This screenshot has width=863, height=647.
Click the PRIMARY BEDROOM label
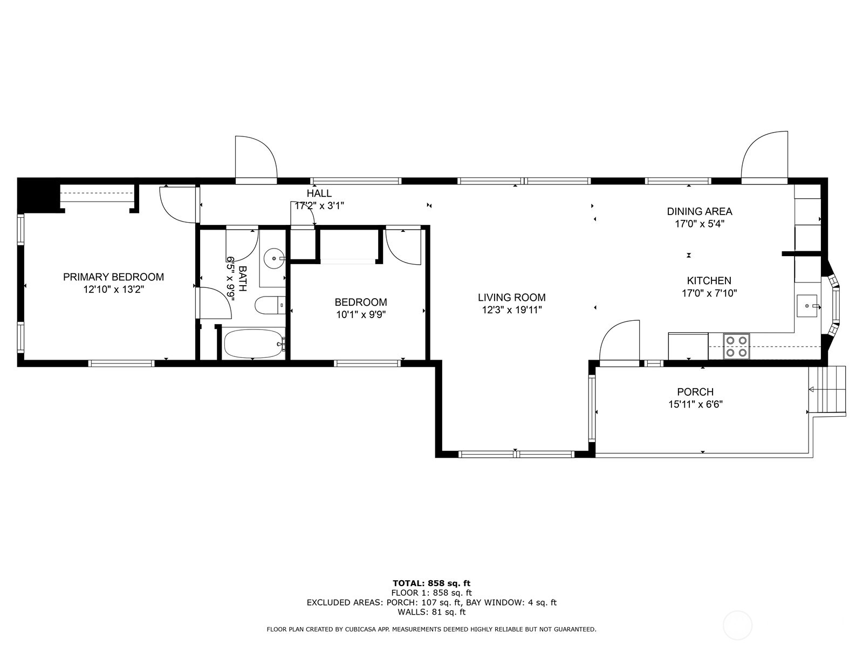(113, 277)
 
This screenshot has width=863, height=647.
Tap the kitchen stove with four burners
(736, 346)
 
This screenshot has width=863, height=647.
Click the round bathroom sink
(274, 259)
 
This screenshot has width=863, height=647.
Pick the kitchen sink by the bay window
(807, 306)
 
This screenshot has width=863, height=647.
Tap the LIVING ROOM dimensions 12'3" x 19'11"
(511, 310)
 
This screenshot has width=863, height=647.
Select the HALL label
(319, 194)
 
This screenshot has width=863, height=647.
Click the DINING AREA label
(699, 211)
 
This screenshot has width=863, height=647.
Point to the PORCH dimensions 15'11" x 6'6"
(695, 405)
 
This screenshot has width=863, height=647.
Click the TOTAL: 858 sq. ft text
(431, 583)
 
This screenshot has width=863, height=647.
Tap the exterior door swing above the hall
(256, 157)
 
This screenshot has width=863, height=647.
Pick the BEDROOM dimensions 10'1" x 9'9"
(360, 315)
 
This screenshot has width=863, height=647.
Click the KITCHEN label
(709, 280)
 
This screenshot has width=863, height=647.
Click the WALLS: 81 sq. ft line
(431, 612)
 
